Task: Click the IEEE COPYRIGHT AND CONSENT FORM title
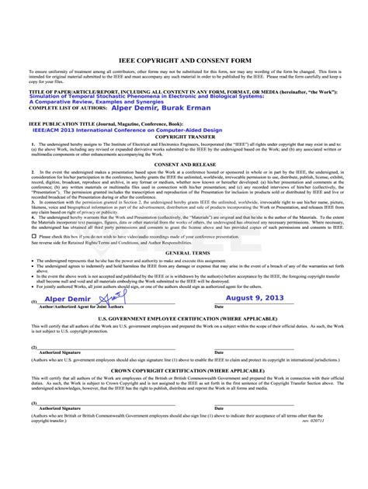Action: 184,59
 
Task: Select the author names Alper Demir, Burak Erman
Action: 154,107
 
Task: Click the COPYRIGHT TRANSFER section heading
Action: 184,136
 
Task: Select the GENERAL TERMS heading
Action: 184,253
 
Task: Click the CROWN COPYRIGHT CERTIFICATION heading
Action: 184,371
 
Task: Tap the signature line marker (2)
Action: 34,347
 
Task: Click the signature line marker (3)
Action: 34,404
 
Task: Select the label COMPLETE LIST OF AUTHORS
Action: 67,108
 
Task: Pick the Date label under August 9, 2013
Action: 219,307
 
